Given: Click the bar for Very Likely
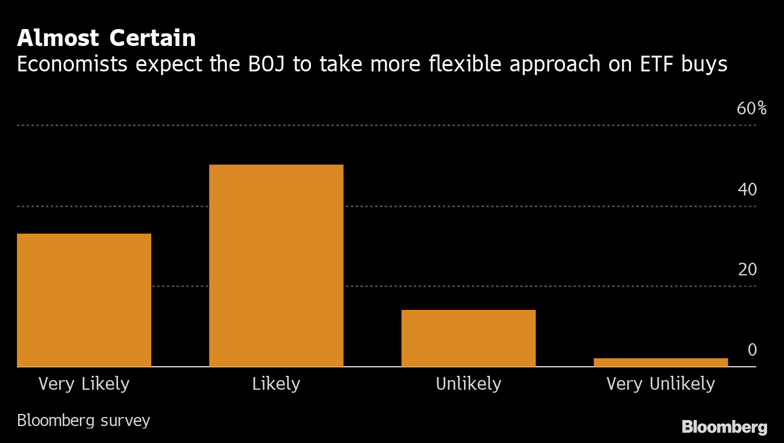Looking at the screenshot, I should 83,300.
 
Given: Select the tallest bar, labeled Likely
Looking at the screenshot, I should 276,265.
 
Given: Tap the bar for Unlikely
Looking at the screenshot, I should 468,338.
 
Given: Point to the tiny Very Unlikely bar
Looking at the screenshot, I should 661,362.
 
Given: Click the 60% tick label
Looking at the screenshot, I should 751,109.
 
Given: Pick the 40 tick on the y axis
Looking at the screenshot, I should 747,190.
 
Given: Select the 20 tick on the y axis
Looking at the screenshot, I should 747,270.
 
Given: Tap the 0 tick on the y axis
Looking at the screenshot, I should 752,350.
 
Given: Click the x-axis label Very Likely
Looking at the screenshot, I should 83,384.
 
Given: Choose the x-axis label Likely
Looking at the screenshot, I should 276,384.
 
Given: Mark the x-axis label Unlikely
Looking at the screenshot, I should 468,384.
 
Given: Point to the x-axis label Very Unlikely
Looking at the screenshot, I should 661,384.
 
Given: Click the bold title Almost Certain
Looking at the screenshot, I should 106,38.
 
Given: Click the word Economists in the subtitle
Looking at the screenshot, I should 72,64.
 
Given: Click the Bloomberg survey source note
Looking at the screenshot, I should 83,421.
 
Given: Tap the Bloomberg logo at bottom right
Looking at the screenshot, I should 724,427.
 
